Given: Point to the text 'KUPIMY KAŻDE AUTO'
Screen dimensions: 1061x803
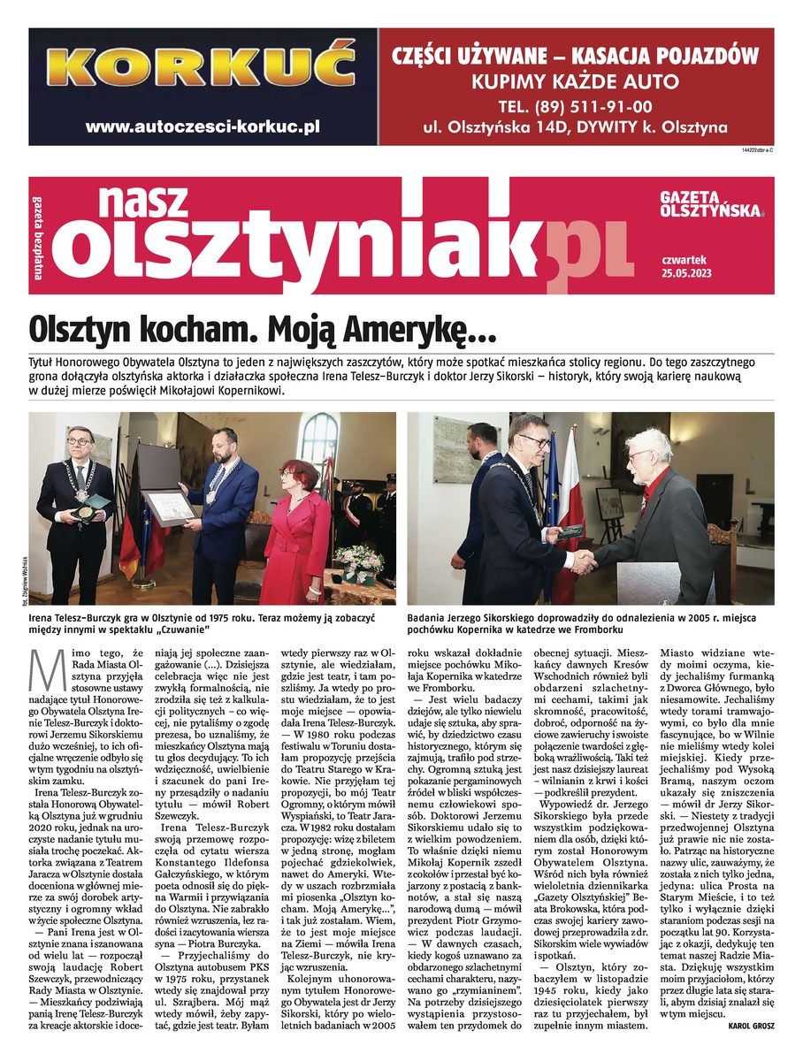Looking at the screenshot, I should tap(575, 83).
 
